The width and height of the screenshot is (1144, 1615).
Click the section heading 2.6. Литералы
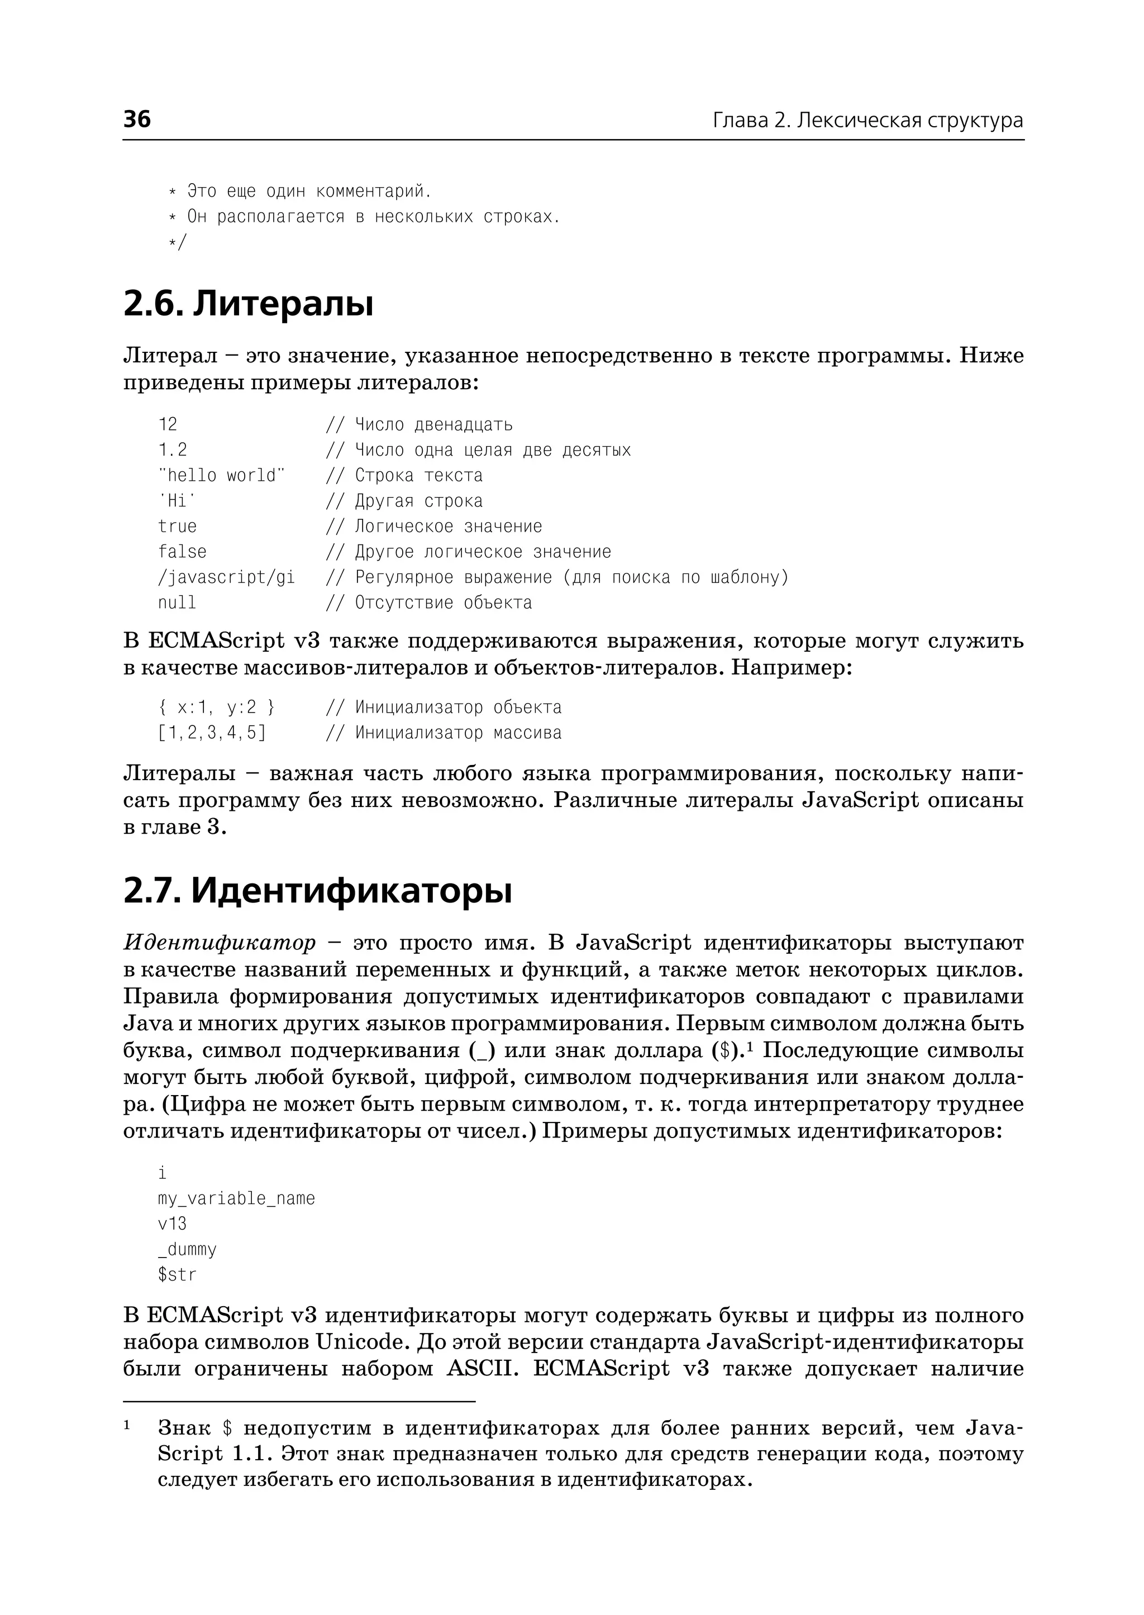pyautogui.click(x=248, y=304)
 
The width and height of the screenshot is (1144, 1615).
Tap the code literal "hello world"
pyautogui.click(x=222, y=475)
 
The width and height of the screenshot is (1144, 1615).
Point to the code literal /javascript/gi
pyautogui.click(x=226, y=577)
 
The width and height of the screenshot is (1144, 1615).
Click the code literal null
pyautogui.click(x=177, y=603)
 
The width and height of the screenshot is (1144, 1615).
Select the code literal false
pyautogui.click(x=183, y=552)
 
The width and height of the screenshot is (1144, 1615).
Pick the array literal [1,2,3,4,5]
pyautogui.click(x=212, y=733)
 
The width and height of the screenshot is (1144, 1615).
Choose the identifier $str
pyautogui.click(x=178, y=1274)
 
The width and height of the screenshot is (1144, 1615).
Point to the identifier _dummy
pyautogui.click(x=187, y=1249)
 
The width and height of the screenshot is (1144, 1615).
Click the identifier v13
pyautogui.click(x=173, y=1224)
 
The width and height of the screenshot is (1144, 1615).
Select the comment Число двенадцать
pyautogui.click(x=433, y=425)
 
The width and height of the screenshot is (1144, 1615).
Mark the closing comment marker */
pyautogui.click(x=178, y=242)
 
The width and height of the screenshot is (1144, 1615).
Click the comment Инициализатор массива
pyautogui.click(x=458, y=733)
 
